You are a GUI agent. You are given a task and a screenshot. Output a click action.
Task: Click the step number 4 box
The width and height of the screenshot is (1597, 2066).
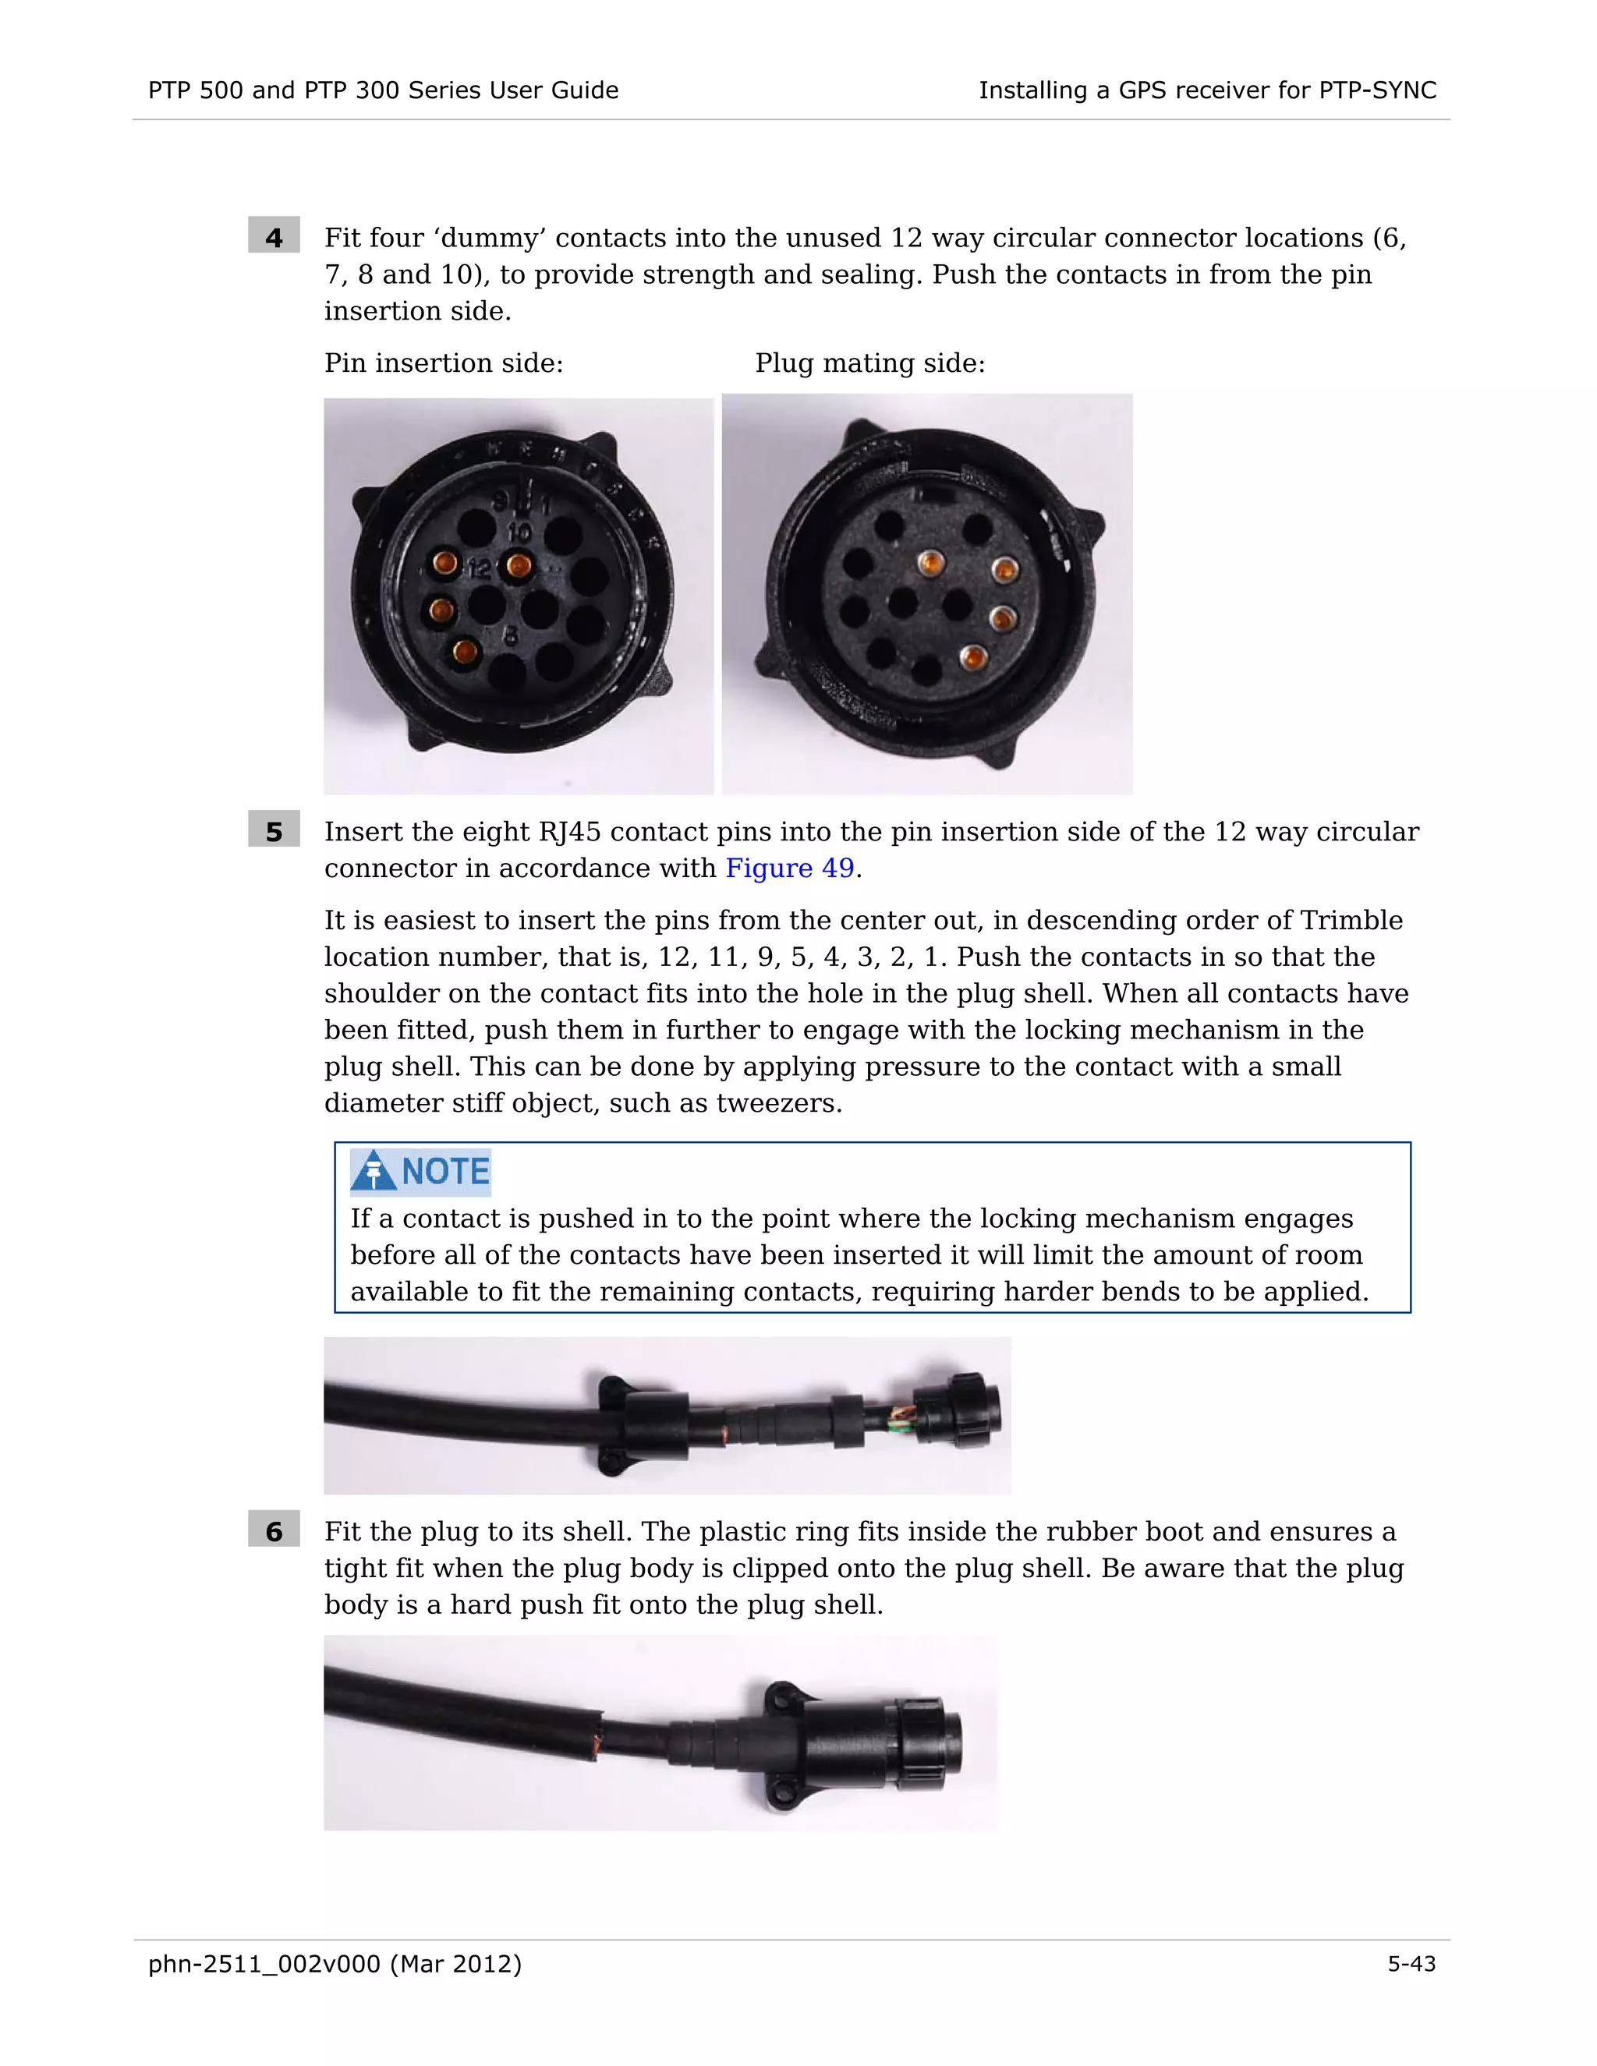tap(274, 235)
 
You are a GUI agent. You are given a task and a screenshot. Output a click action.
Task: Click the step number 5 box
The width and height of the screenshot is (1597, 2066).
tap(274, 830)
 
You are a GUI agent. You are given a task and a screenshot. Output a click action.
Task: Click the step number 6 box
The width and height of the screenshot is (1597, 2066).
tap(274, 1530)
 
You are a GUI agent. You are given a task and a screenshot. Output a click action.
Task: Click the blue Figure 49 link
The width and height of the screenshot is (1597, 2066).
tap(790, 868)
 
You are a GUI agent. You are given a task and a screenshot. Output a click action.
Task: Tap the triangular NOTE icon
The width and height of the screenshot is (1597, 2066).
tap(374, 1170)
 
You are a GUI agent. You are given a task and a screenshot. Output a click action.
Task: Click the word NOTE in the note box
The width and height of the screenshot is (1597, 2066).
tap(445, 1171)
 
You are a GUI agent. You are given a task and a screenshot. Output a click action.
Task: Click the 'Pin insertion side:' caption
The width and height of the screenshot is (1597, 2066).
tap(444, 363)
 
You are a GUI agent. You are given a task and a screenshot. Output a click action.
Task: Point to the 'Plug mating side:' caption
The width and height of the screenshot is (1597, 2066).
tap(870, 363)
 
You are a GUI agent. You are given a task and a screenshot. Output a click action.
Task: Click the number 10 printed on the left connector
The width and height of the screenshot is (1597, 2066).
tap(519, 533)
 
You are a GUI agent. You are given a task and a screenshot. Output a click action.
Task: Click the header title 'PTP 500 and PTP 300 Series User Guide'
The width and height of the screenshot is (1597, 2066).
tap(383, 90)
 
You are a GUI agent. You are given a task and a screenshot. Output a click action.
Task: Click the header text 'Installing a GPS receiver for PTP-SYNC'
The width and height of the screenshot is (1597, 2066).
tap(1207, 90)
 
